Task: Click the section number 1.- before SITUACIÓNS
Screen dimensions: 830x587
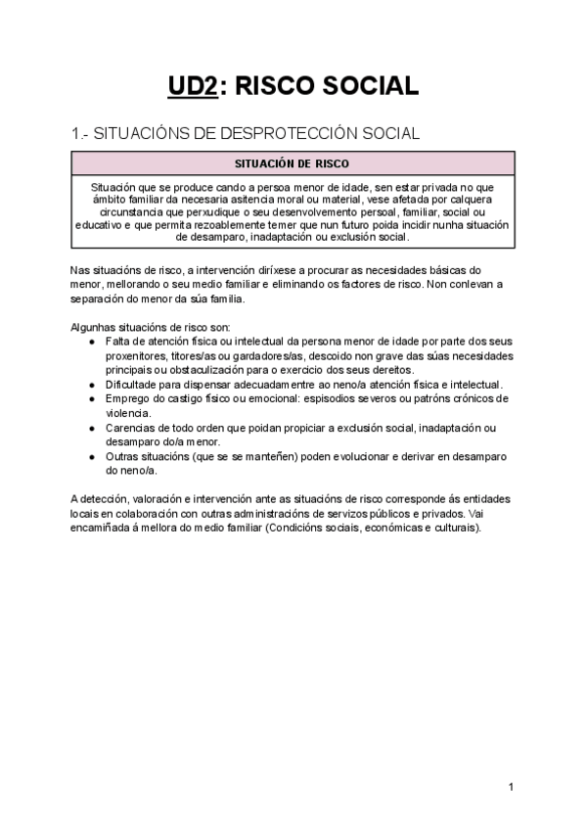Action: pos(81,133)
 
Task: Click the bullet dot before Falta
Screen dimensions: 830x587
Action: pos(92,342)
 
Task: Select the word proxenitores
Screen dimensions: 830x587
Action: pos(133,355)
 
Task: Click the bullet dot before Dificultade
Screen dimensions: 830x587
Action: pos(92,386)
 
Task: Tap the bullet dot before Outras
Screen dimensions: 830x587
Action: pos(92,457)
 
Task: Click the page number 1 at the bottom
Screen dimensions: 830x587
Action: pos(512,787)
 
